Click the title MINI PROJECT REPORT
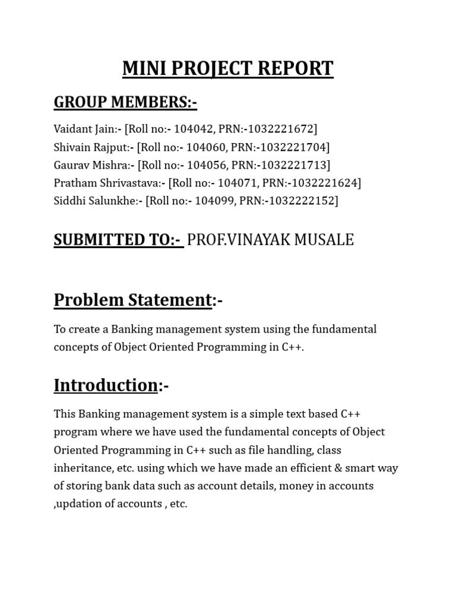[227, 68]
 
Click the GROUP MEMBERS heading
[125, 102]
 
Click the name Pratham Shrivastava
[106, 183]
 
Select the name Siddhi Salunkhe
[95, 201]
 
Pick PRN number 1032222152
[303, 201]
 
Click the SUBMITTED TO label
[118, 240]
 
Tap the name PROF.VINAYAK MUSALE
[270, 240]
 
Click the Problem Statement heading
[132, 300]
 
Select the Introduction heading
[106, 385]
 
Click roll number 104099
[213, 201]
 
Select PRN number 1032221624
[326, 183]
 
